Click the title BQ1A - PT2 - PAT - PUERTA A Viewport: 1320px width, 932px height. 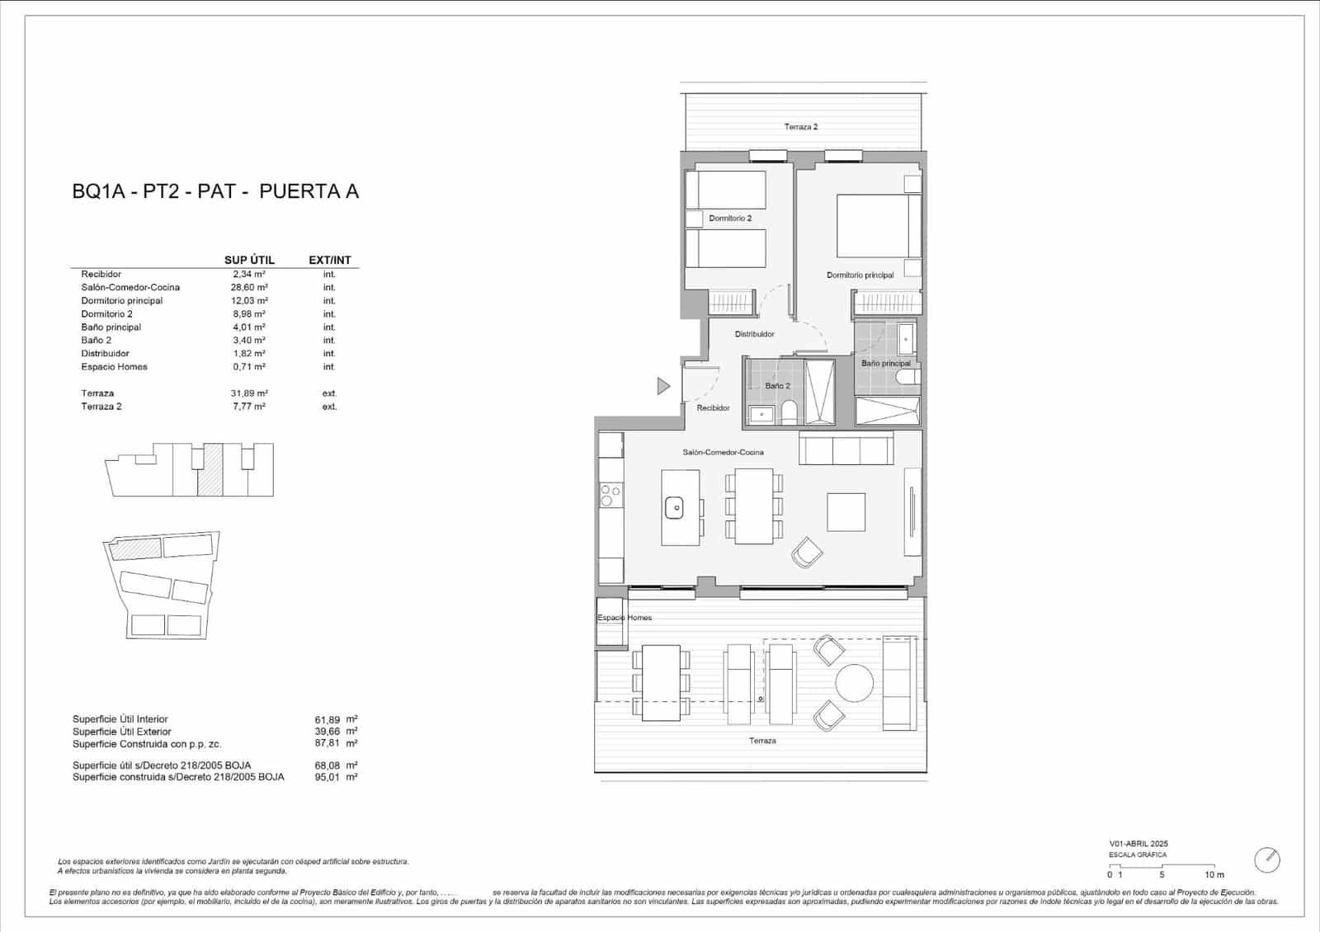[215, 191]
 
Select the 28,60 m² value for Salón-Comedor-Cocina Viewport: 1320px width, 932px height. [248, 287]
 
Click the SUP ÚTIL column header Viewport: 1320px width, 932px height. [249, 260]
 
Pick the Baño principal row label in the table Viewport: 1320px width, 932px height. [111, 327]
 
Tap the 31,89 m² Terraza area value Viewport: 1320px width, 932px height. [248, 393]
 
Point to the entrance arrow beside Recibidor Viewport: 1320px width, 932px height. [663, 385]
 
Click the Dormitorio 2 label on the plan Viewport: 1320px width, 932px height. [730, 219]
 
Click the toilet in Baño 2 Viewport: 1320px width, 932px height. [790, 412]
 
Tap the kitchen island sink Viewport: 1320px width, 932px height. [675, 508]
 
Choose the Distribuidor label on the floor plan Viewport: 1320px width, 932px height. [754, 334]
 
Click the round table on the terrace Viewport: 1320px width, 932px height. [855, 683]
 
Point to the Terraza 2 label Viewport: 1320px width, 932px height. [800, 127]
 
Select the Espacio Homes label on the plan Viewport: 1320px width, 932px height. [625, 618]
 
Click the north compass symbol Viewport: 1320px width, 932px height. [1266, 860]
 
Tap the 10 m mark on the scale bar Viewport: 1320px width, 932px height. [1214, 874]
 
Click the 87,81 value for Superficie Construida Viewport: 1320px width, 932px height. [327, 744]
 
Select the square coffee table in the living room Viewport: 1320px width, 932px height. [846, 511]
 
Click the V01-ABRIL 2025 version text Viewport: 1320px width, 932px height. [1138, 844]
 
